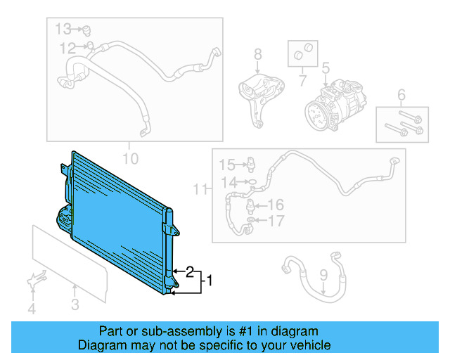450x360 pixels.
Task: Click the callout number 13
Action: point(64,29)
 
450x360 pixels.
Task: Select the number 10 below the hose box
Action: point(131,158)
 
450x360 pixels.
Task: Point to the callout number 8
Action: point(257,53)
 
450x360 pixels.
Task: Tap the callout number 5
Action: point(326,68)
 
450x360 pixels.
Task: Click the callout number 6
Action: point(401,95)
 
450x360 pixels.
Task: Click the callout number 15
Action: point(226,165)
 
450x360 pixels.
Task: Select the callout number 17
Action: point(276,221)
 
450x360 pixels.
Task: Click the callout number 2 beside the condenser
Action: point(190,271)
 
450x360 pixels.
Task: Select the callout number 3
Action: point(75,304)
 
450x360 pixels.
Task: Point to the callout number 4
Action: point(31,309)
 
